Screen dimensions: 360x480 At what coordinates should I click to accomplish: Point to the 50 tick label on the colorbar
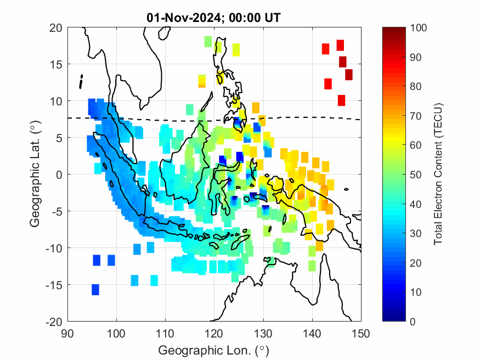coord(416,175)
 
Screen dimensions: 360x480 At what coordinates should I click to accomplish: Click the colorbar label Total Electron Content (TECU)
coord(438,174)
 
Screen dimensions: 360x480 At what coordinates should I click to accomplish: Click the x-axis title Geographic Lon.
coord(214,350)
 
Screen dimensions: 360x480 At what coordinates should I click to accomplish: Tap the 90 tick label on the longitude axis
coord(67,333)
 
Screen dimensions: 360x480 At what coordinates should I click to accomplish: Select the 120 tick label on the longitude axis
coord(214,333)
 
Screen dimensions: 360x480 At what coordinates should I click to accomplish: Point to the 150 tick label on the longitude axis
coord(361,333)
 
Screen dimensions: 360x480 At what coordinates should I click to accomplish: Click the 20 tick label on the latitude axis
coord(55,27)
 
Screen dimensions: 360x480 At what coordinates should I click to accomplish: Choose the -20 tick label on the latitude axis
coord(53,321)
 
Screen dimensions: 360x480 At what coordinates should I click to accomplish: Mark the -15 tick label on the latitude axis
coord(53,284)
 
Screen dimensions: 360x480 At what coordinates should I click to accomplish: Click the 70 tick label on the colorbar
coord(416,116)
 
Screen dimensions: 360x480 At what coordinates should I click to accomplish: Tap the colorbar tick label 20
coord(416,262)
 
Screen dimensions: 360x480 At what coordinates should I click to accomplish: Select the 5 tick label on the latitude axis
coord(58,138)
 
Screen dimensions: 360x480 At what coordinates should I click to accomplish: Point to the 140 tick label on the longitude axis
coord(312,333)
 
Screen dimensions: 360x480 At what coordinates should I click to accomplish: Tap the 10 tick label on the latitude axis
coord(55,101)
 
